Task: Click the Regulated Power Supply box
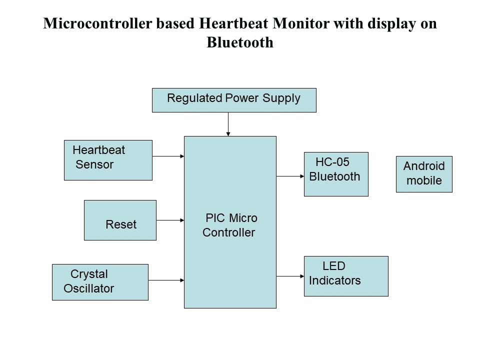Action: click(234, 100)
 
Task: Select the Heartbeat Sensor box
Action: click(108, 160)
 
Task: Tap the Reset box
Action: click(120, 220)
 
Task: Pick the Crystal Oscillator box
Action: click(100, 282)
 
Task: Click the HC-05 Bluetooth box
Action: click(336, 174)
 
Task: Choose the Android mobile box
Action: click(424, 174)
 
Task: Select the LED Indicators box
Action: click(346, 276)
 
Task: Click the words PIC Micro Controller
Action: click(230, 225)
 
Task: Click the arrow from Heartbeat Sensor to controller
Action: click(168, 156)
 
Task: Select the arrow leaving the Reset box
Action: click(170, 220)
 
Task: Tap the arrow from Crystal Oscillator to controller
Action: click(166, 280)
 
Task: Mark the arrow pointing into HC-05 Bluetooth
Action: click(290, 176)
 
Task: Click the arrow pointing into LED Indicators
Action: click(290, 276)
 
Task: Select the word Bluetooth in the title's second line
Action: click(240, 42)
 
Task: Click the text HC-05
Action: click(332, 162)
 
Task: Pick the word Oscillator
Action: click(89, 288)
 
